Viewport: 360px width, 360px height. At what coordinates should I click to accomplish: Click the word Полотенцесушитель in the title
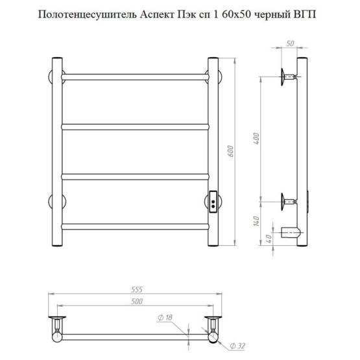88,16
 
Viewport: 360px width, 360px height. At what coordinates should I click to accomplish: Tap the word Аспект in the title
158,15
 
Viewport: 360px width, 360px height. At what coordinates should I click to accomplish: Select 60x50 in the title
237,15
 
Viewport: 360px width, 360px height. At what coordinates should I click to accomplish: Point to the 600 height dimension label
231,151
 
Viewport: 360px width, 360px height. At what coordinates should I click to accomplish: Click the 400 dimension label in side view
256,138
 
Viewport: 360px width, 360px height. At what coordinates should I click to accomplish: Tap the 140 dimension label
256,221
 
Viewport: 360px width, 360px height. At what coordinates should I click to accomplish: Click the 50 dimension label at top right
290,43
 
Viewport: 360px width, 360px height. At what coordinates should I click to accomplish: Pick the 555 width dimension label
137,289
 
